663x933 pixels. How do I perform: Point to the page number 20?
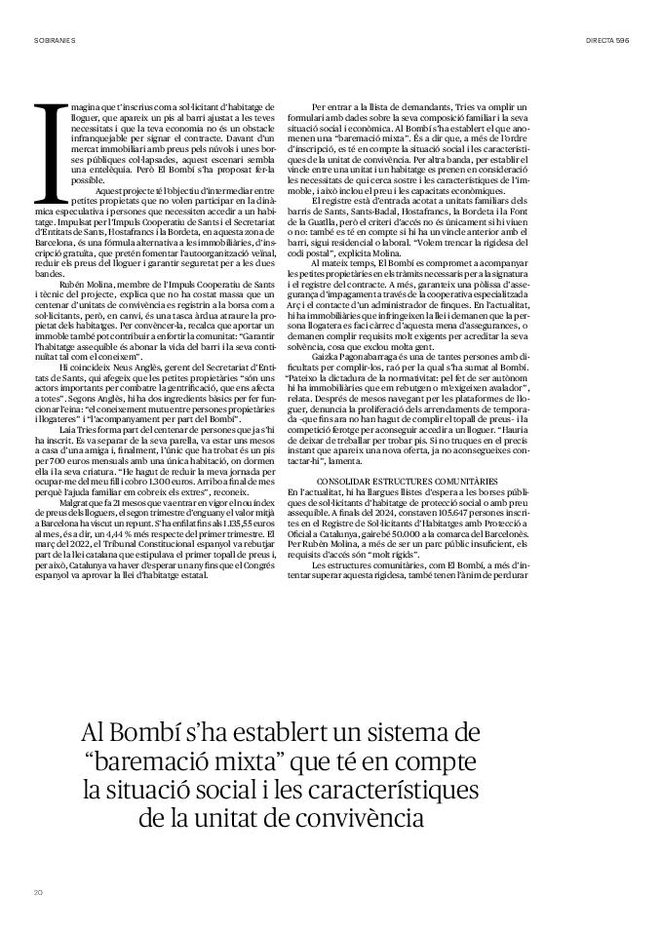click(39, 891)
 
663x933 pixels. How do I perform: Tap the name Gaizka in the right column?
click(328, 359)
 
